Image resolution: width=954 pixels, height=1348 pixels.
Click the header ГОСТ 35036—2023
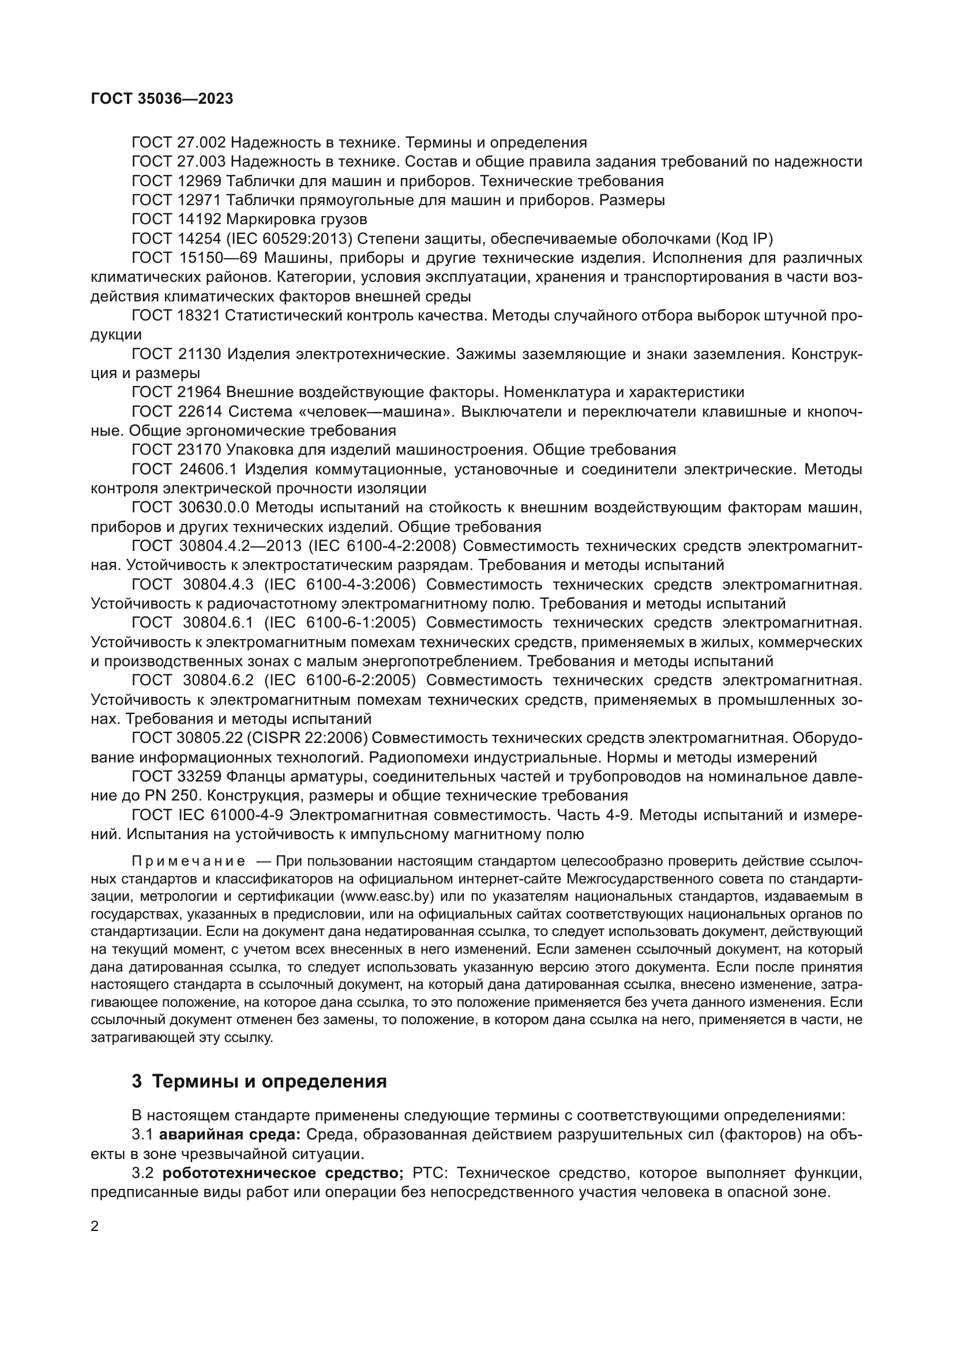162,99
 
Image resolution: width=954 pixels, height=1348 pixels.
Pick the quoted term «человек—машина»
377,411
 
